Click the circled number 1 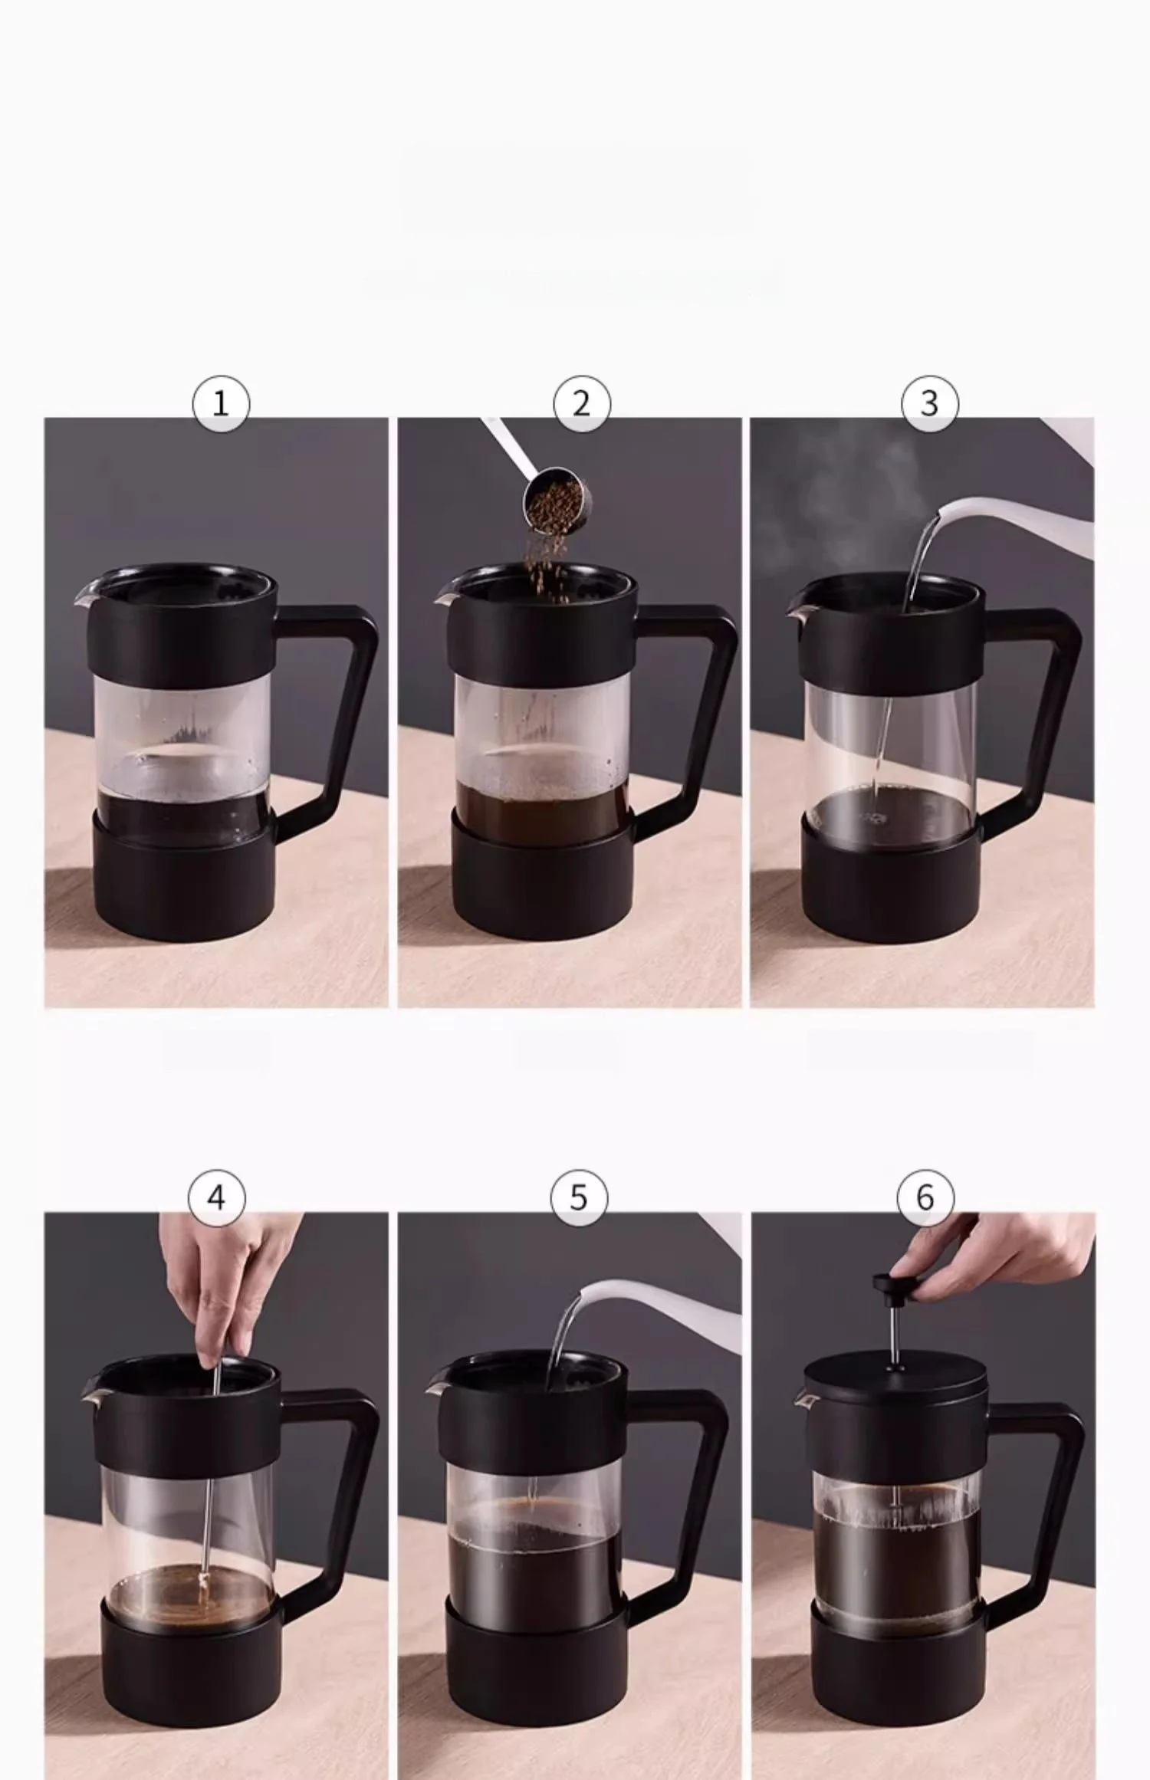(221, 403)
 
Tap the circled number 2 (582, 403)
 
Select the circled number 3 (929, 403)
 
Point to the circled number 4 (217, 1197)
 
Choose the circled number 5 (579, 1197)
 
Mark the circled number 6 (925, 1197)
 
